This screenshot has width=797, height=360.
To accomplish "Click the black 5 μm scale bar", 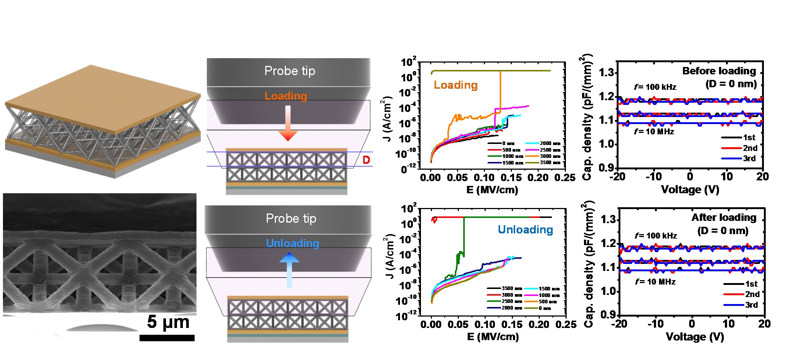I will coord(167,338).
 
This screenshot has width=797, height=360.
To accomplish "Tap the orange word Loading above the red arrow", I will coord(286,96).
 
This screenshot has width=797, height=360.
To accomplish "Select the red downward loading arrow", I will coord(288,124).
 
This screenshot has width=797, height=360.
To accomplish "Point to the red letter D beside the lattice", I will coord(366,160).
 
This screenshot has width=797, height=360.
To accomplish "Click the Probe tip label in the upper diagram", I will coord(290,71).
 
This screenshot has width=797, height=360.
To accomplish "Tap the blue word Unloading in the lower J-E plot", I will coord(525,230).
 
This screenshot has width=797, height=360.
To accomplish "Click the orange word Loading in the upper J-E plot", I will coord(456,85).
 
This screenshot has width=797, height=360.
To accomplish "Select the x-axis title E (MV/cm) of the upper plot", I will coord(492,190).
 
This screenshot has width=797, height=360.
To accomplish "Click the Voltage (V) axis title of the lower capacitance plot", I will coord(695,337).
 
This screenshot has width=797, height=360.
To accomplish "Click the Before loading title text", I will coord(719,71).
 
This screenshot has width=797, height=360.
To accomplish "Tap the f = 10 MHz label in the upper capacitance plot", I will coord(654,132).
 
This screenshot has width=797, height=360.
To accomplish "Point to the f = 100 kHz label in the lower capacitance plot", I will coord(656,236).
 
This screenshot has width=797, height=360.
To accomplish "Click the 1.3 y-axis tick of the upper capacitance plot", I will coord(607,73).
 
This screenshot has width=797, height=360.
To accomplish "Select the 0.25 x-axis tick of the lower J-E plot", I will coord(566,325).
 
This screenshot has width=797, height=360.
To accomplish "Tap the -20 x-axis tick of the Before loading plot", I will coord(617,177).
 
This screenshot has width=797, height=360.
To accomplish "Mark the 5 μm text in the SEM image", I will coord(168,322).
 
